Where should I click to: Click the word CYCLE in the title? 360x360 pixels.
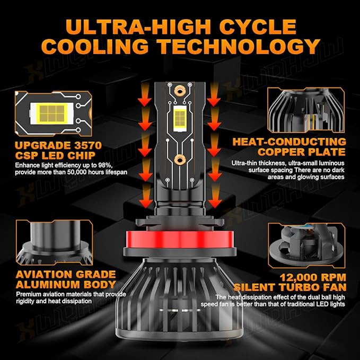(258, 27)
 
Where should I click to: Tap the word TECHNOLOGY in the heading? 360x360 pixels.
(240, 46)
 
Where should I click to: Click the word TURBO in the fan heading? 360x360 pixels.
(297, 287)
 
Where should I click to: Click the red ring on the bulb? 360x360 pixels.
(180, 240)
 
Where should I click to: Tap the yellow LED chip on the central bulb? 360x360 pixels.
(180, 118)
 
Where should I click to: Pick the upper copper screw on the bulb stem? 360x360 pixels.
(180, 91)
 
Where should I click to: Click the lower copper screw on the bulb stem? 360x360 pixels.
(180, 160)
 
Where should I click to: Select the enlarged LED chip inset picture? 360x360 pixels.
(53, 113)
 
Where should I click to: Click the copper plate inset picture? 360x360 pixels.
(306, 110)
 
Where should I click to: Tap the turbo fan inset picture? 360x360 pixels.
(306, 245)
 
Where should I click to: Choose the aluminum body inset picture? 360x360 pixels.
(55, 242)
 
